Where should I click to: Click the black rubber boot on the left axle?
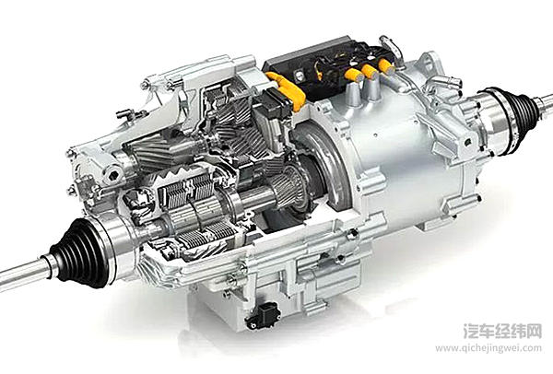[76, 252]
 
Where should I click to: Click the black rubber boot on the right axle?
[523, 107]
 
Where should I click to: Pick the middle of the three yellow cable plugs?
[370, 71]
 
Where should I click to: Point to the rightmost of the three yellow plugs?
[386, 65]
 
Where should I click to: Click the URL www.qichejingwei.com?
[488, 348]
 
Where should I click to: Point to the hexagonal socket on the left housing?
[113, 175]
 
